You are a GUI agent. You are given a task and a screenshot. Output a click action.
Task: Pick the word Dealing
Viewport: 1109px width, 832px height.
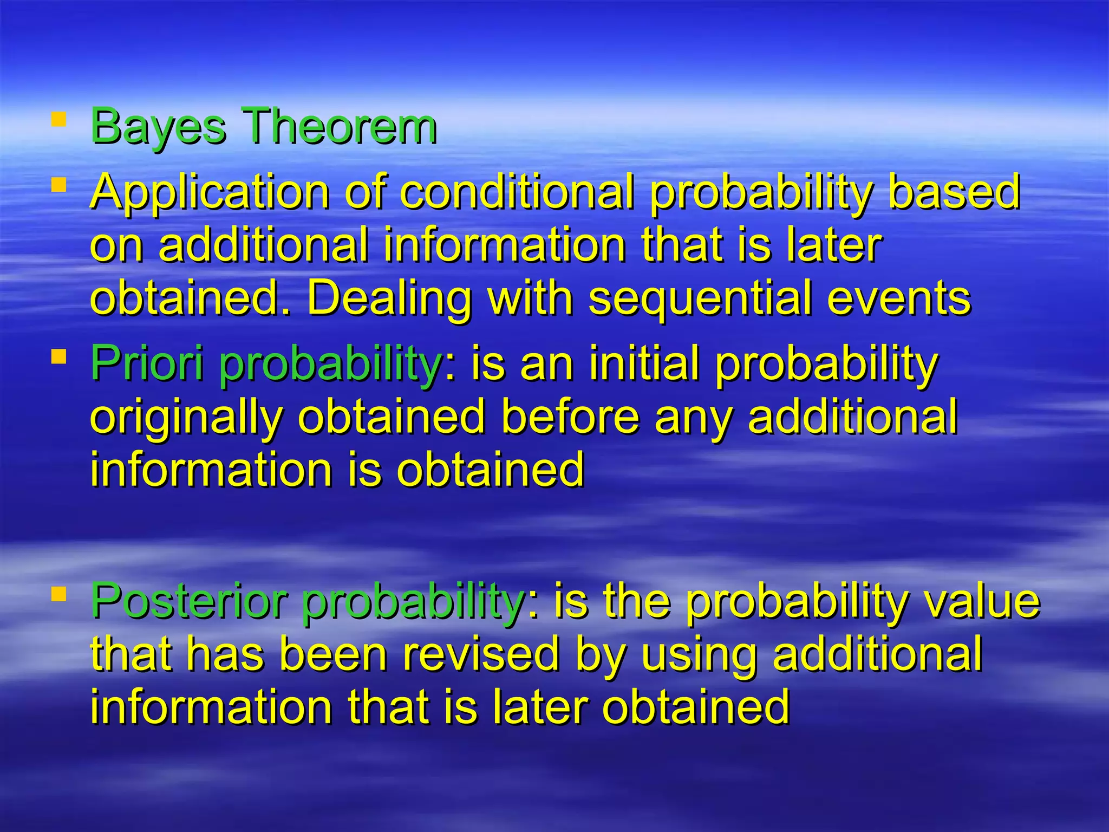389,299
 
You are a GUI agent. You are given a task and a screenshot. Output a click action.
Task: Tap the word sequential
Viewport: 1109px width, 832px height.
700,299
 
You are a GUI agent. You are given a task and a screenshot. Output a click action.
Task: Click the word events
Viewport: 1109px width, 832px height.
899,299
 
